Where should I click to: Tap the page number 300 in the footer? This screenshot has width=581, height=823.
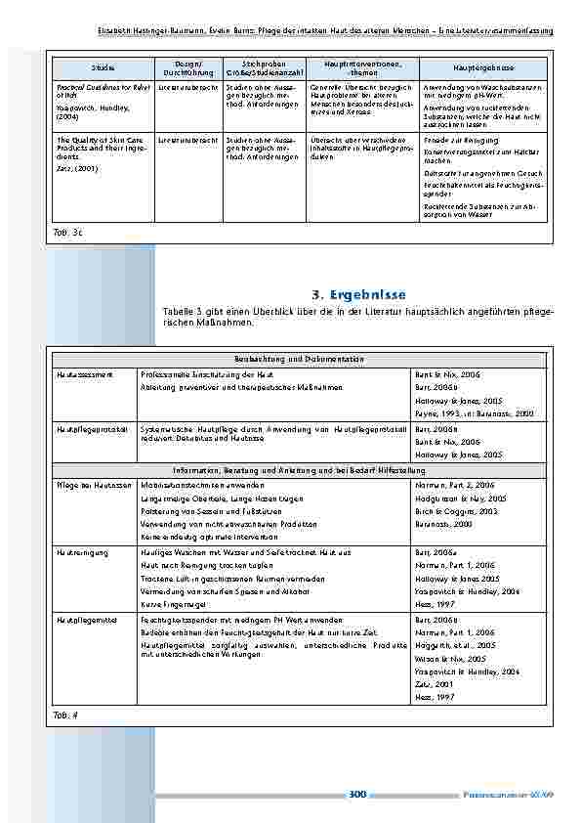[356, 795]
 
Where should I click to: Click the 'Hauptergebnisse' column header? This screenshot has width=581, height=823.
[484, 67]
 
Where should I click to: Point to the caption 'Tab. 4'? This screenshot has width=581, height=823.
[64, 715]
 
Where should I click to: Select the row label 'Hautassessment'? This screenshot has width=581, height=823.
[83, 374]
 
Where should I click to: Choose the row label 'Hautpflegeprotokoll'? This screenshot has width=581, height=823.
[91, 428]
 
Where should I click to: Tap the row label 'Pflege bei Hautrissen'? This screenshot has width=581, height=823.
[93, 484]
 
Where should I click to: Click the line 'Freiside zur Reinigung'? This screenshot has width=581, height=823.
[458, 141]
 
